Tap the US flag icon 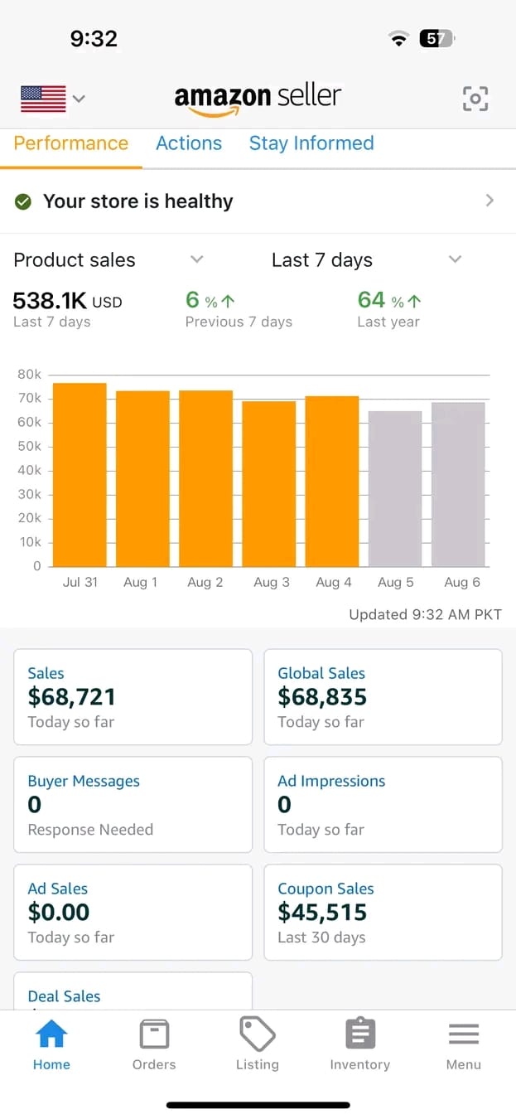point(43,99)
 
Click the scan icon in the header point(475,99)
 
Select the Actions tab point(189,143)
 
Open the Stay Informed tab point(311,143)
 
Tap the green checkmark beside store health point(24,201)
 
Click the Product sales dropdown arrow point(196,259)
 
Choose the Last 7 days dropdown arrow point(455,259)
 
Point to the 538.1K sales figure point(49,300)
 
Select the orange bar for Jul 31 point(80,474)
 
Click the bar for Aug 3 point(269,483)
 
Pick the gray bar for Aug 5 point(395,488)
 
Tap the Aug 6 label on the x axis point(462,582)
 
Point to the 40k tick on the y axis point(29,470)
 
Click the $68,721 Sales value point(72,697)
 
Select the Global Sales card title point(321,673)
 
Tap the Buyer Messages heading point(84,781)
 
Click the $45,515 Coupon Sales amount point(322,913)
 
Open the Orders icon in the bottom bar point(154,1034)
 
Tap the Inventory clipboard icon point(359,1034)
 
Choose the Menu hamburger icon point(463,1034)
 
